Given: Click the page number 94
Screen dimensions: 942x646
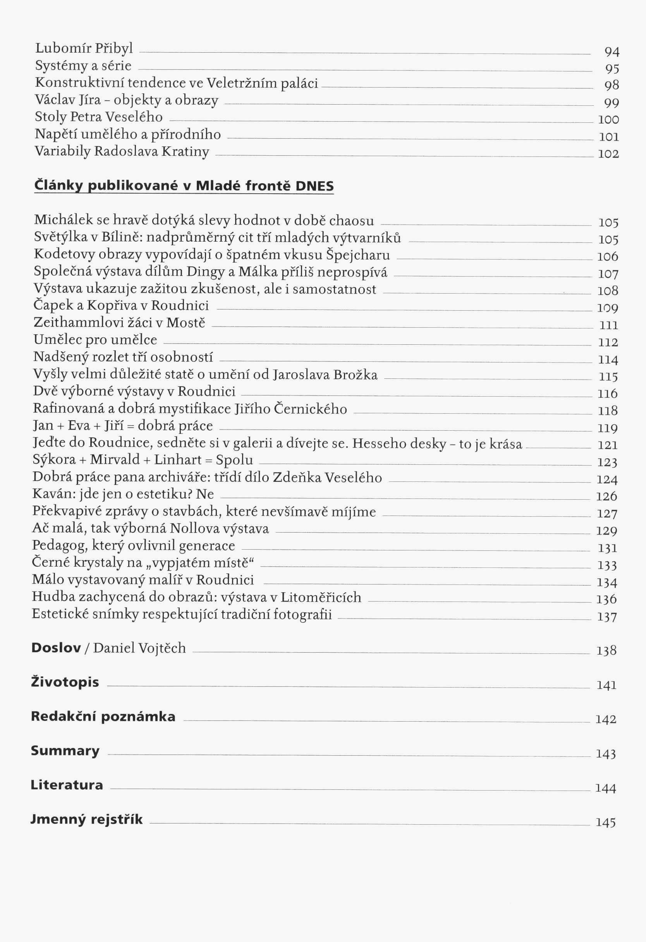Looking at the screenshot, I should click(612, 52).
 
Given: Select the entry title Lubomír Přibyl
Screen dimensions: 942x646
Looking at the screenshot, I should click(84, 48).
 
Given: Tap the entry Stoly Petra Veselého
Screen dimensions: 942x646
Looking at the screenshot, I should click(98, 117).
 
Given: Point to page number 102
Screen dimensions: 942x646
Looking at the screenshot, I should click(608, 154).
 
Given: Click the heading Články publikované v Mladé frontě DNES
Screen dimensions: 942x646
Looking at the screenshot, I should click(184, 186).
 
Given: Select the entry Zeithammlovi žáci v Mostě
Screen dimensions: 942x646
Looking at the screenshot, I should click(119, 323).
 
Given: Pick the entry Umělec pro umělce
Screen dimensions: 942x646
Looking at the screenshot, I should click(95, 340).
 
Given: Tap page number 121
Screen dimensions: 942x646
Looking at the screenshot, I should click(608, 445).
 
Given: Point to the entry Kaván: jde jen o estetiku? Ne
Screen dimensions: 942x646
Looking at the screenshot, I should click(123, 494).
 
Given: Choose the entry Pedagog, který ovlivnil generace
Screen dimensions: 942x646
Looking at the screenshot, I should click(133, 546).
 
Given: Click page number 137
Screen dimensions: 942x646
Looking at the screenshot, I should click(606, 617).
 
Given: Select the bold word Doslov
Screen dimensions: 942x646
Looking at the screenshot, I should click(56, 648).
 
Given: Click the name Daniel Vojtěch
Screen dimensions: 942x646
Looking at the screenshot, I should click(139, 648).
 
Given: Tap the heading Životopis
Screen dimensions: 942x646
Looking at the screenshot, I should click(65, 682).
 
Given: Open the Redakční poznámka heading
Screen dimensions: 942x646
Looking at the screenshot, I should click(103, 716).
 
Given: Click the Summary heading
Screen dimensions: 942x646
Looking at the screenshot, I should click(65, 751).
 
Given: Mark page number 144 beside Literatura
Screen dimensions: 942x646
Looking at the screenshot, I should click(605, 788).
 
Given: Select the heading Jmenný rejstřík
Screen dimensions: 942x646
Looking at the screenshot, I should click(87, 820).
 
